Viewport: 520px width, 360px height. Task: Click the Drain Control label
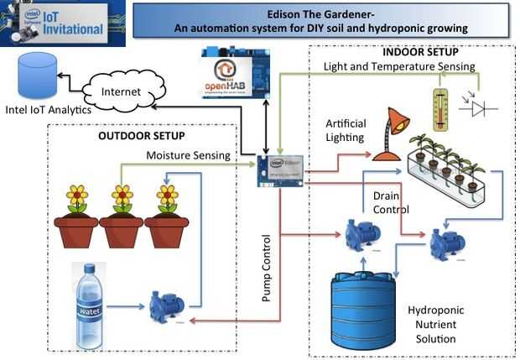391,202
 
